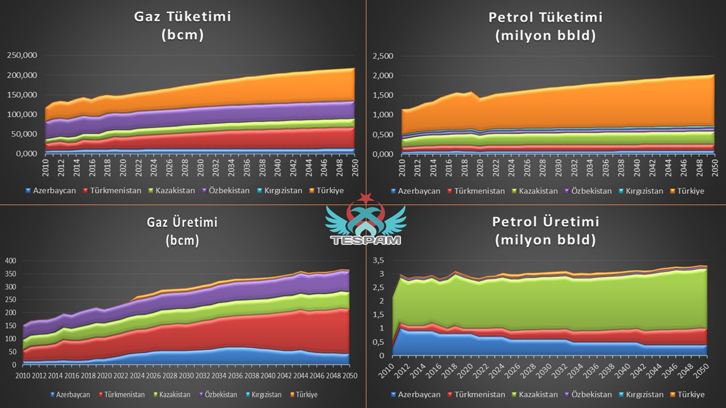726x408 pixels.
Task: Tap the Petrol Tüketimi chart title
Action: tap(546, 25)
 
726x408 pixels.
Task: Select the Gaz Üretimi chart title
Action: tap(182, 231)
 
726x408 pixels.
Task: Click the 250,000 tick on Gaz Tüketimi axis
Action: tap(22, 55)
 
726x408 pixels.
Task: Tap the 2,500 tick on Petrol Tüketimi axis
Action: tap(383, 56)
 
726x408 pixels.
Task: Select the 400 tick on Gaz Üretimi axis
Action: tap(11, 261)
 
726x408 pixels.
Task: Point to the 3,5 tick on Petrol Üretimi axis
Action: tap(377, 260)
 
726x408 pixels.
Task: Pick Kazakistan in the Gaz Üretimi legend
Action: tap(176, 394)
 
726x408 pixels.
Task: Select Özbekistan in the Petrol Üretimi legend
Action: tap(590, 394)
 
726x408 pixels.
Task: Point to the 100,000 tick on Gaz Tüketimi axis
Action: tap(22, 114)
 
